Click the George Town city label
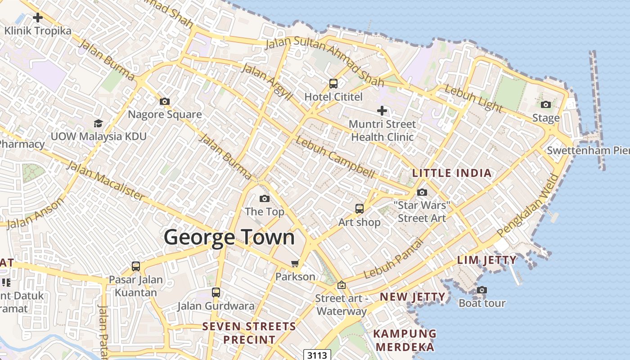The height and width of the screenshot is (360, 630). tap(229, 237)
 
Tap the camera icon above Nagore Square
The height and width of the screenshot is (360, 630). tap(165, 101)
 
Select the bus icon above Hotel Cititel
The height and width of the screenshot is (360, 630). tap(333, 83)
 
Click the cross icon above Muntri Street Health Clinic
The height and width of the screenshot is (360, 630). tap(382, 110)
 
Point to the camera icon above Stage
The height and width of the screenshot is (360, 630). tap(546, 104)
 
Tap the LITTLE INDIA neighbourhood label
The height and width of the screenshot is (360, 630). tap(452, 173)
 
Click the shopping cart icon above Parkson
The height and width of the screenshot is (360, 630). tap(295, 263)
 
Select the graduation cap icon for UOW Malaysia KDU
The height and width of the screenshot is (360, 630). tap(98, 123)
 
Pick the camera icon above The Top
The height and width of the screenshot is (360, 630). tap(265, 198)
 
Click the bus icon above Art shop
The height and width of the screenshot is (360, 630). tap(359, 208)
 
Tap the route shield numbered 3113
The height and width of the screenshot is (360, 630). tap(317, 355)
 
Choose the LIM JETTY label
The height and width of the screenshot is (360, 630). tap(487, 260)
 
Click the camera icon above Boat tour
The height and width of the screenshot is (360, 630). tap(482, 290)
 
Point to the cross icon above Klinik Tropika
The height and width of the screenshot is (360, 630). tap(38, 18)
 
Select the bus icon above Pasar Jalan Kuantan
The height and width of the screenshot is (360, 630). tap(136, 266)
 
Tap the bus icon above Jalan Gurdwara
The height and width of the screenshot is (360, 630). tap(216, 292)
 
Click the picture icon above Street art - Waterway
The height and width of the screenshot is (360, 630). tap(341, 285)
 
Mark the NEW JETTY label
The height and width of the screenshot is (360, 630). tap(413, 297)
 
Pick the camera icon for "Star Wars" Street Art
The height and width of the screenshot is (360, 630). tap(422, 192)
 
